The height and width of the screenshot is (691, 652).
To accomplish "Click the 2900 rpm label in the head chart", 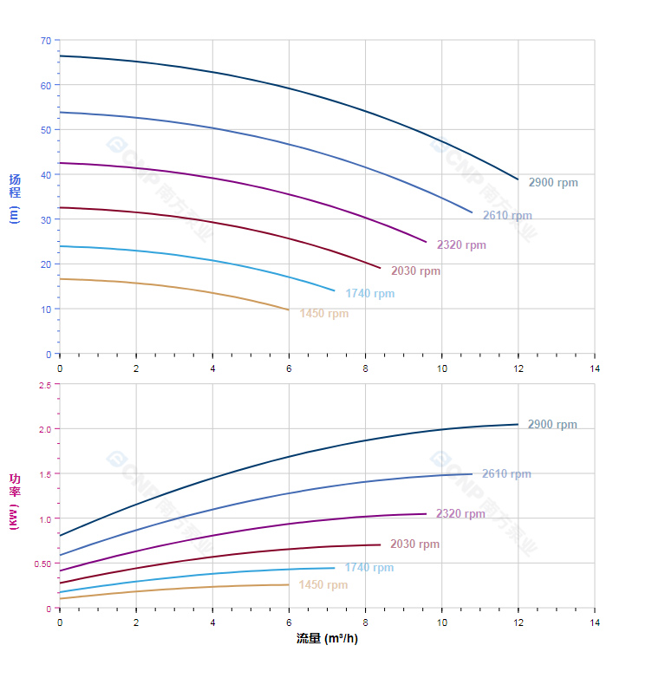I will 553,183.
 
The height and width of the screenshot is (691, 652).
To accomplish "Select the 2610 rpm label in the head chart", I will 507,216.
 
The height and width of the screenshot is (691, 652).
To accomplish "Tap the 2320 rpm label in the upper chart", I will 461,245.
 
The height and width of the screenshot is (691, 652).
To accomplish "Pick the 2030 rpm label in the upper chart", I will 415,271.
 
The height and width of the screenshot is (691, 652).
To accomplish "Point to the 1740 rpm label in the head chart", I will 369,294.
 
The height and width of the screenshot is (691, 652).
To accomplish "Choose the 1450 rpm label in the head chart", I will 323,314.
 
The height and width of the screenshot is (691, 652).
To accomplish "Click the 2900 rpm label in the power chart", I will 552,425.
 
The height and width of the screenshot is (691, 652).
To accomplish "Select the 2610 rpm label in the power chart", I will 506,474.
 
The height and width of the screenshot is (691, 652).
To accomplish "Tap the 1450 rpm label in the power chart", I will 323,585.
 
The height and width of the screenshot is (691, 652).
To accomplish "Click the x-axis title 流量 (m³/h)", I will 327,639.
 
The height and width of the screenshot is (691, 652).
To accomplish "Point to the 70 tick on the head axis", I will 45,41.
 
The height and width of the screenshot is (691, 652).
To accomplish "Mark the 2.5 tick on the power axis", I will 44,385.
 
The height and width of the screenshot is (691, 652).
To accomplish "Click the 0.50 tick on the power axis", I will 42,564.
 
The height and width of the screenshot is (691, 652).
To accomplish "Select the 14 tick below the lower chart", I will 595,623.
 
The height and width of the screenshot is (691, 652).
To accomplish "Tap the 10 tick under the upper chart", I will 442,368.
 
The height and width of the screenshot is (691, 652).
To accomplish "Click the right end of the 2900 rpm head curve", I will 518,179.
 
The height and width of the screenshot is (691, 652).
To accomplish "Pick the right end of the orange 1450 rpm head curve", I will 289,310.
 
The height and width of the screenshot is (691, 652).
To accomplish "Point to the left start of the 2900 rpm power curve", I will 60,536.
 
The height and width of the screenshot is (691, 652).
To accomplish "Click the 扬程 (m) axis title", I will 15,199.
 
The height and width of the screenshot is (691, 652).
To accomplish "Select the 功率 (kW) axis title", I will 15,501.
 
